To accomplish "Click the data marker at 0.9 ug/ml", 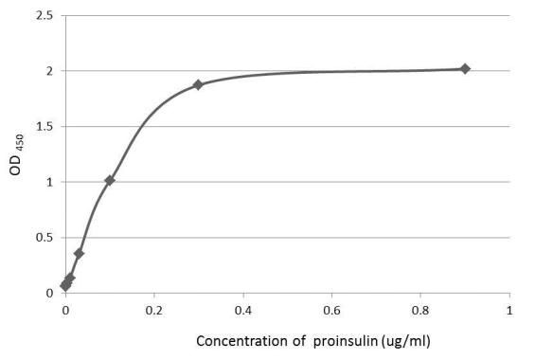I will [464, 68].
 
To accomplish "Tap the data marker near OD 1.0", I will [110, 180].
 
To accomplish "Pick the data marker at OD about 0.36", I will [79, 253].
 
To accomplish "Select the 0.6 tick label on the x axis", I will [331, 309].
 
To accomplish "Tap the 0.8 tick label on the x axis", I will [420, 309].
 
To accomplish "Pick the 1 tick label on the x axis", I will [509, 309].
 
